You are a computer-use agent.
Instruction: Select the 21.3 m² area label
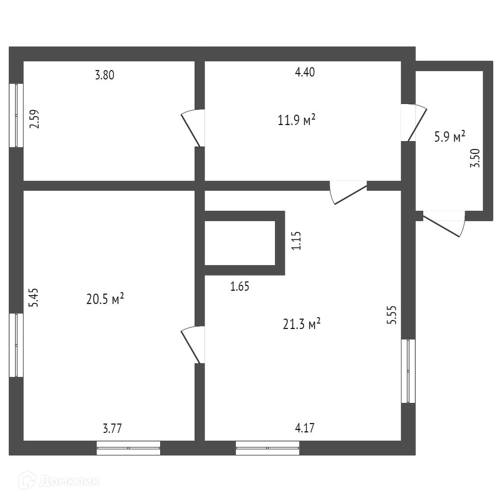pos(302,323)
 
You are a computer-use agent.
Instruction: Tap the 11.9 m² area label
pos(296,120)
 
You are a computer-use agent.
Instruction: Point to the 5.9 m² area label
pos(449,137)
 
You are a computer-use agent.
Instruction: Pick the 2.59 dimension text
pos(35,119)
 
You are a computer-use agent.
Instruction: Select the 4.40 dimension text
pos(304,73)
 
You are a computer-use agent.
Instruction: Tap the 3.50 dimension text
pos(475,158)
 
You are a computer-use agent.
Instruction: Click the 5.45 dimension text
pos(34,298)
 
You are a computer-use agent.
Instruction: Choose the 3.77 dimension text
pos(112,428)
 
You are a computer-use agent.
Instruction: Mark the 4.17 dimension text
pos(304,428)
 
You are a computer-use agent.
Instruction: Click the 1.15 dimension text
pos(296,241)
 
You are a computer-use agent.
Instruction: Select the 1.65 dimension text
pos(240,286)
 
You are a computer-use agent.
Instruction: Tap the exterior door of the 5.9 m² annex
pos(444,224)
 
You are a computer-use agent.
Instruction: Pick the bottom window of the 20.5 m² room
pos(128,448)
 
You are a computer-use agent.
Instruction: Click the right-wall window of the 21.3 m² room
pos(408,371)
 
